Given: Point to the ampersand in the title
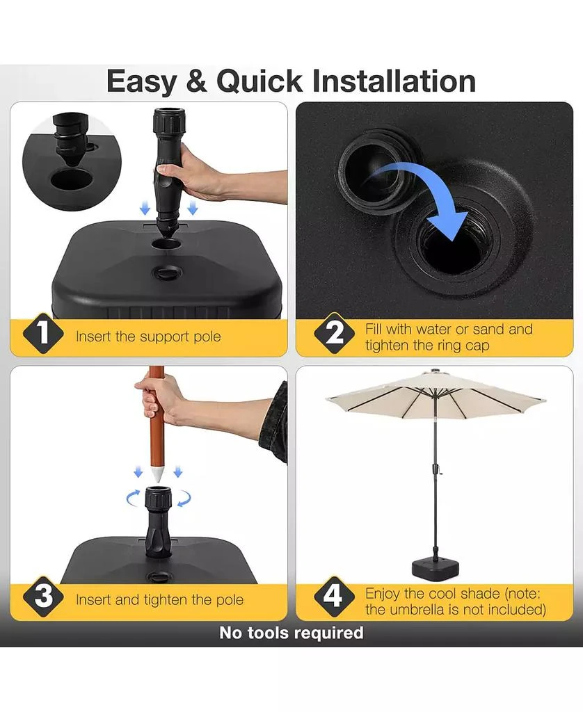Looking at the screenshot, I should (x=197, y=81).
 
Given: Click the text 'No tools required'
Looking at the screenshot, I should (x=291, y=633).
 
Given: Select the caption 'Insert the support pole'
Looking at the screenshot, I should (x=148, y=337).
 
